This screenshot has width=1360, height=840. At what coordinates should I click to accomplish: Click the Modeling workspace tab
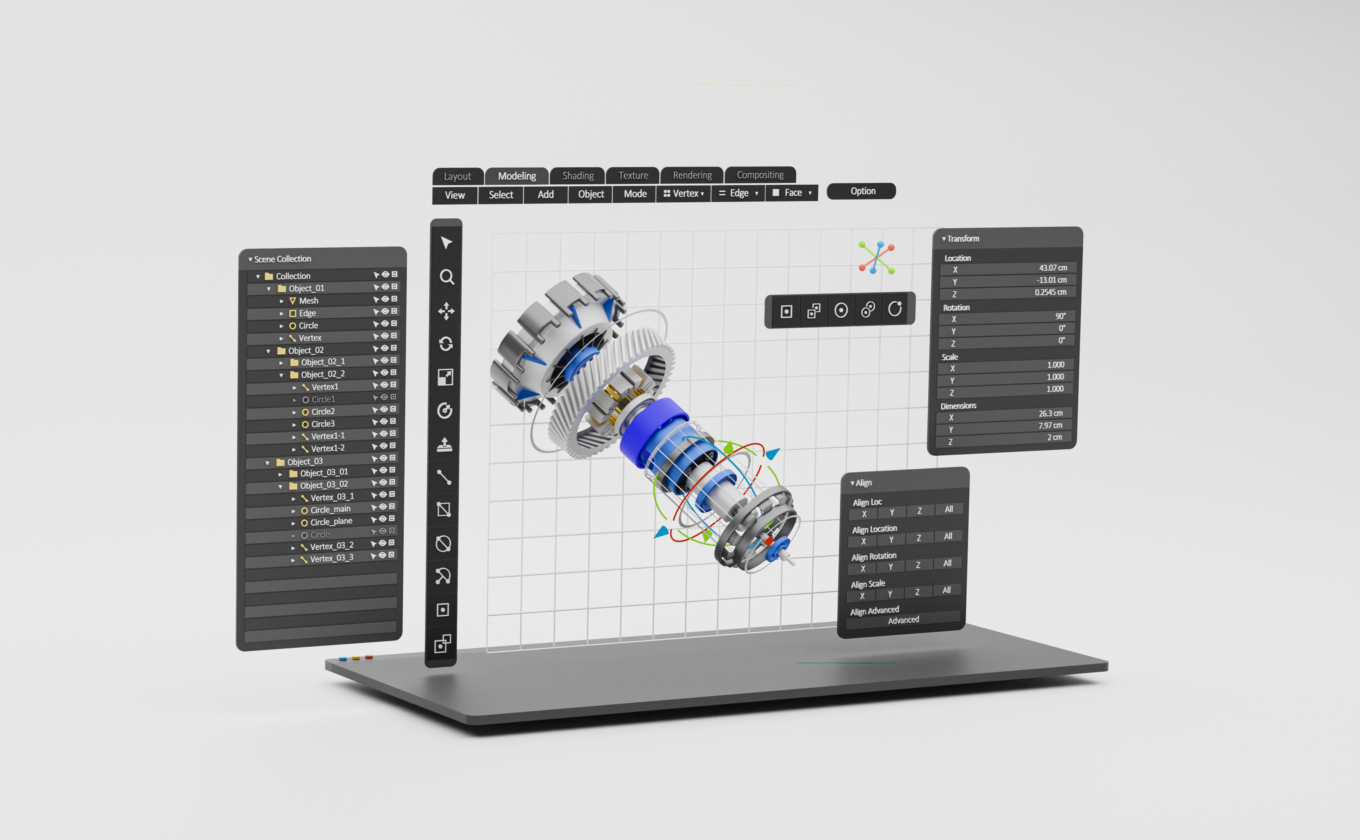[x=517, y=176]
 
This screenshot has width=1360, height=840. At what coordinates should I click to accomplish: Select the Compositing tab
[x=760, y=175]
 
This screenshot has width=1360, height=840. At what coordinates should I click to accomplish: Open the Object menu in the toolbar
[x=591, y=194]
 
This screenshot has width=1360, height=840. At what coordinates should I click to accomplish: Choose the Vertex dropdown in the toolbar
[x=683, y=193]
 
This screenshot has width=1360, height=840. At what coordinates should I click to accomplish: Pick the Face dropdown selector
[x=792, y=193]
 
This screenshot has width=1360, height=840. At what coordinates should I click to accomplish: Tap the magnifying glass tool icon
[x=447, y=276]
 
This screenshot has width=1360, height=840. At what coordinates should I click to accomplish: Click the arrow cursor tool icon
[x=446, y=243]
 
